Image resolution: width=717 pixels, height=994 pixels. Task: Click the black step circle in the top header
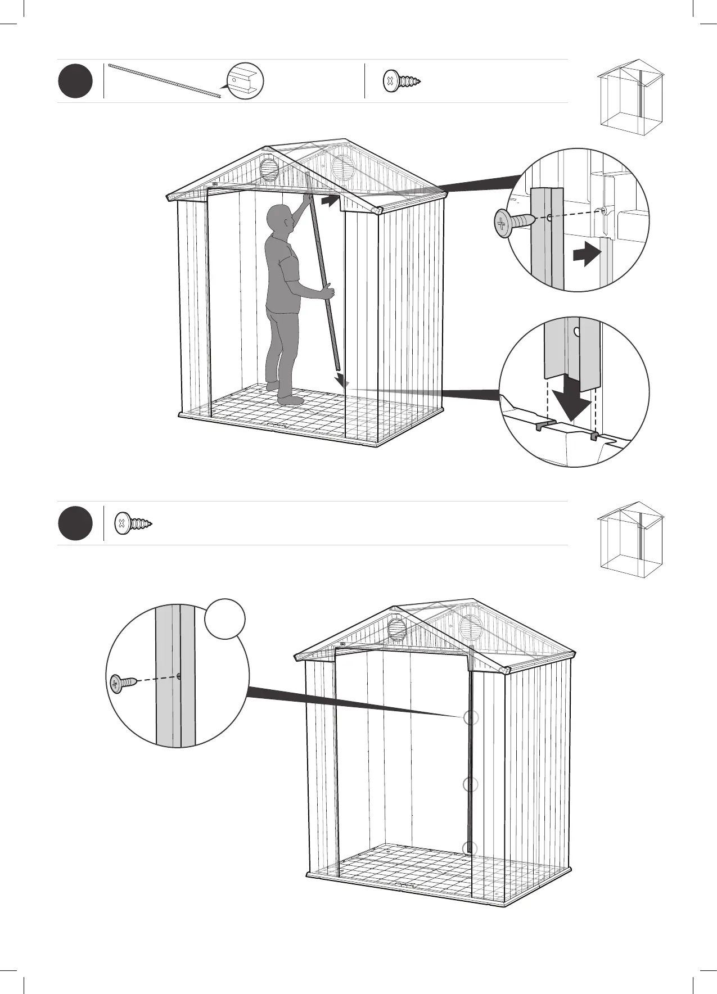pos(75,82)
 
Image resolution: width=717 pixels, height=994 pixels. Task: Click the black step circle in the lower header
pos(75,523)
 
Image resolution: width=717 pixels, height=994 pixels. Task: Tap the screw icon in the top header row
pos(402,81)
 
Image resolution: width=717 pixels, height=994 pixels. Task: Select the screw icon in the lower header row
pos(133,523)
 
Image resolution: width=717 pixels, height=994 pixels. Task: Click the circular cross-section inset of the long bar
pos(245,81)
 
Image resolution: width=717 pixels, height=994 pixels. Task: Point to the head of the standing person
pos(279,219)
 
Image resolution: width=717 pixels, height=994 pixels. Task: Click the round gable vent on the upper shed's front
pos(269,169)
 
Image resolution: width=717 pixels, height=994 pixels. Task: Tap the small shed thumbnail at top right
pos(630,97)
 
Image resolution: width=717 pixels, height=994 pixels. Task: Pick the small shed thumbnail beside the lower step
pos(630,539)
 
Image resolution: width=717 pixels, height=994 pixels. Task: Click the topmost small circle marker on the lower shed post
pos(471,717)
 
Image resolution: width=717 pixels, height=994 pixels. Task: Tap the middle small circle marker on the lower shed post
pos(471,784)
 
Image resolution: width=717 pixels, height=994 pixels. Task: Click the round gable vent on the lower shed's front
pos(397,628)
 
